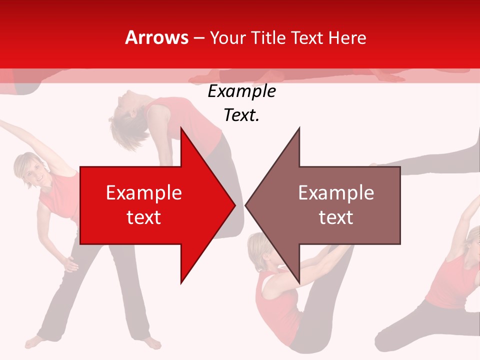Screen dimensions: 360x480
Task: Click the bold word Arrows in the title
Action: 157,37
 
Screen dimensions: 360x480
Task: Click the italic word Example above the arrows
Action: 241,91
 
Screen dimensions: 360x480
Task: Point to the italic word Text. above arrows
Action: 241,115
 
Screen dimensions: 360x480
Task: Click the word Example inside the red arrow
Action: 144,193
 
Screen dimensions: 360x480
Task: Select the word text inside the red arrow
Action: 144,217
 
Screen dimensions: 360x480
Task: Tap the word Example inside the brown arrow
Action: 336,193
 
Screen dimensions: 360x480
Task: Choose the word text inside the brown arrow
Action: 336,217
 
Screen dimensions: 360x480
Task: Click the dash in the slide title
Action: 198,38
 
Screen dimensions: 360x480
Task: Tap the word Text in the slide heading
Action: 307,37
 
